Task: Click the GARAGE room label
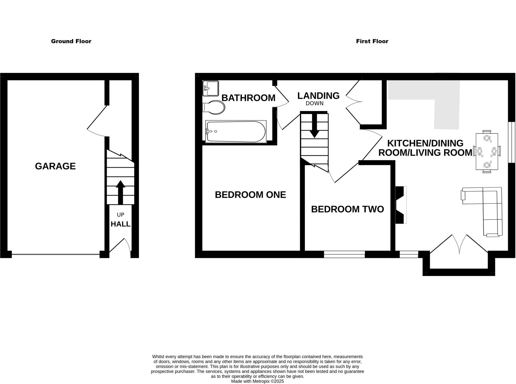55,166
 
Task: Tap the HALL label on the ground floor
120,224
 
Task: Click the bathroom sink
211,88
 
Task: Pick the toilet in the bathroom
214,108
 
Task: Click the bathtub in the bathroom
236,132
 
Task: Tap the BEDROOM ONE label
250,195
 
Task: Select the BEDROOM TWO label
347,209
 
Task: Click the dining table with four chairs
487,151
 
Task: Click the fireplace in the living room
401,205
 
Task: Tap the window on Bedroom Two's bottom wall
344,254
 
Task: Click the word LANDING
318,96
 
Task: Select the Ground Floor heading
71,41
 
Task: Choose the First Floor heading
372,41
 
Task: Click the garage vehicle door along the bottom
55,254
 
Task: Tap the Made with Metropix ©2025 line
257,381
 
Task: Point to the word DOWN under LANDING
314,103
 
